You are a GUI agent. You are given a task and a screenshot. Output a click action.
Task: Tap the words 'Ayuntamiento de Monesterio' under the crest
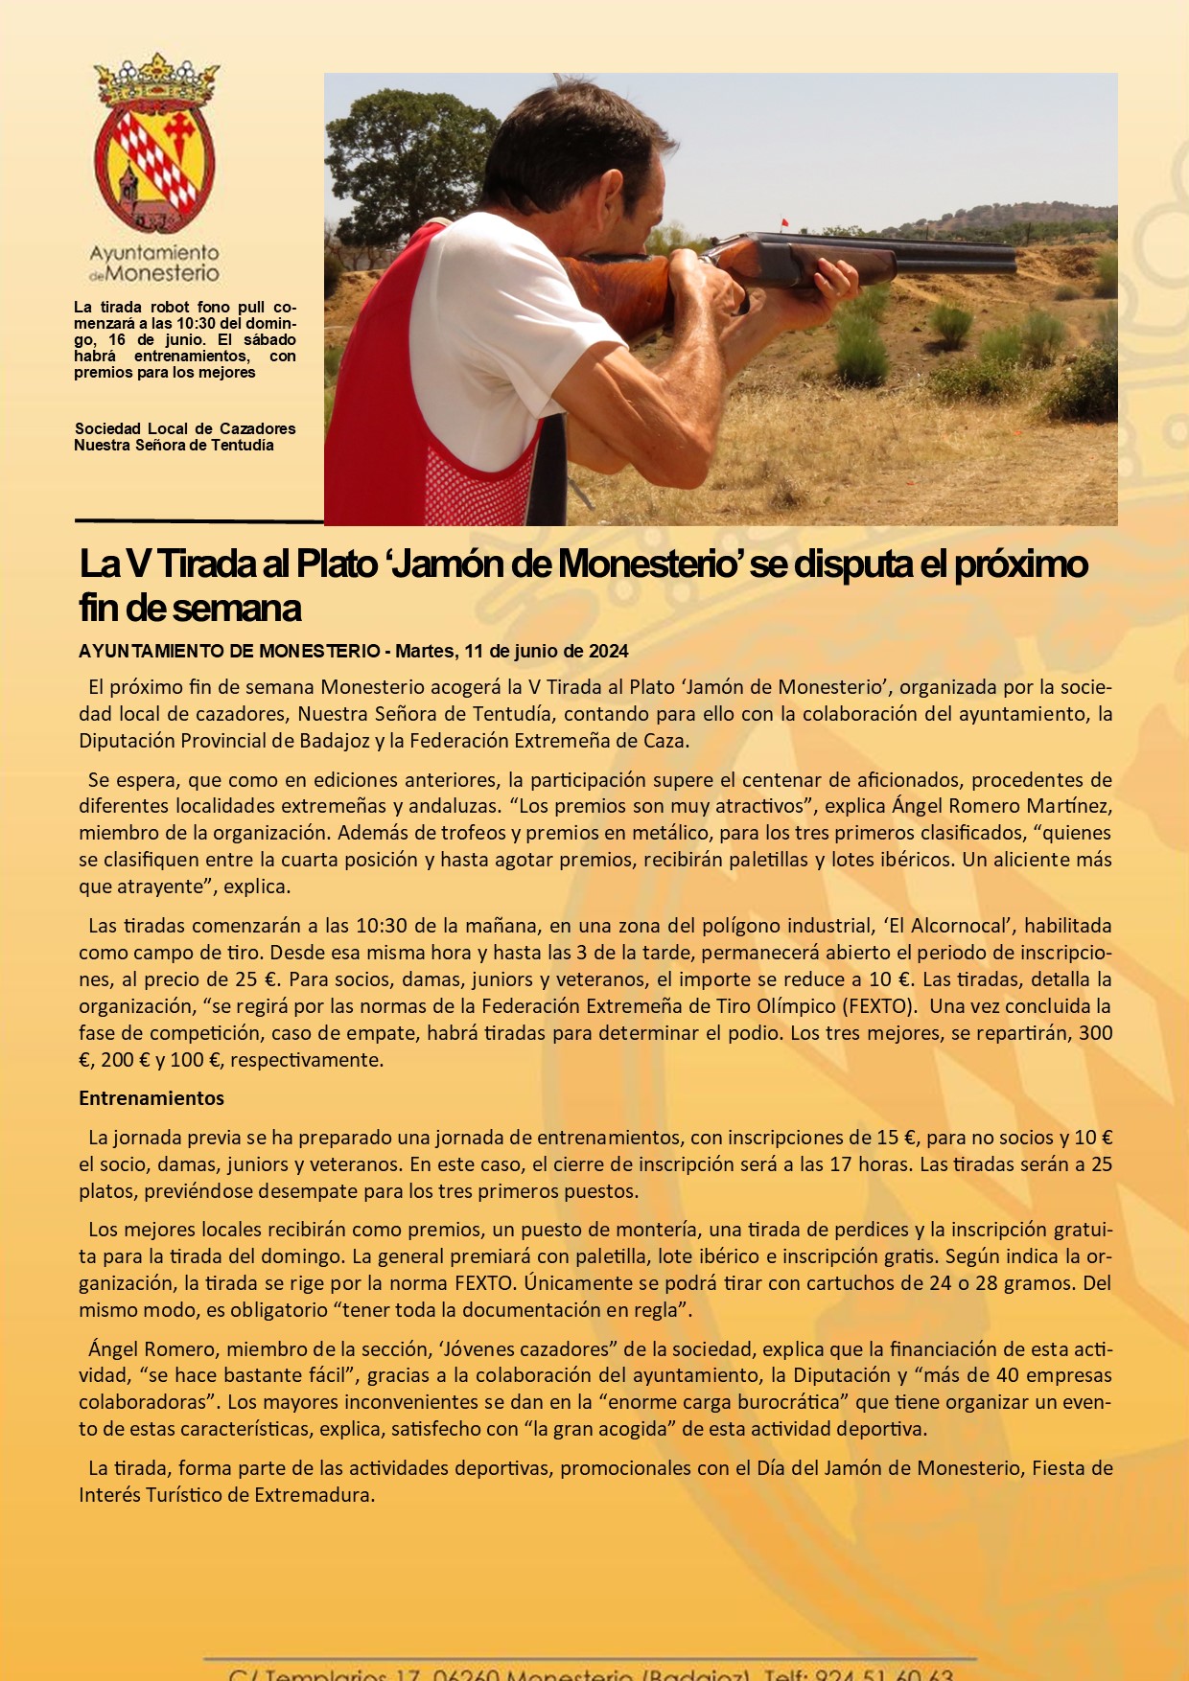click(x=154, y=263)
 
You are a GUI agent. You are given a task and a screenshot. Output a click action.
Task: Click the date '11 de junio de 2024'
click(x=546, y=652)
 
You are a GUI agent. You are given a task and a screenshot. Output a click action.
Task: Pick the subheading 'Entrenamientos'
click(x=152, y=1098)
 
